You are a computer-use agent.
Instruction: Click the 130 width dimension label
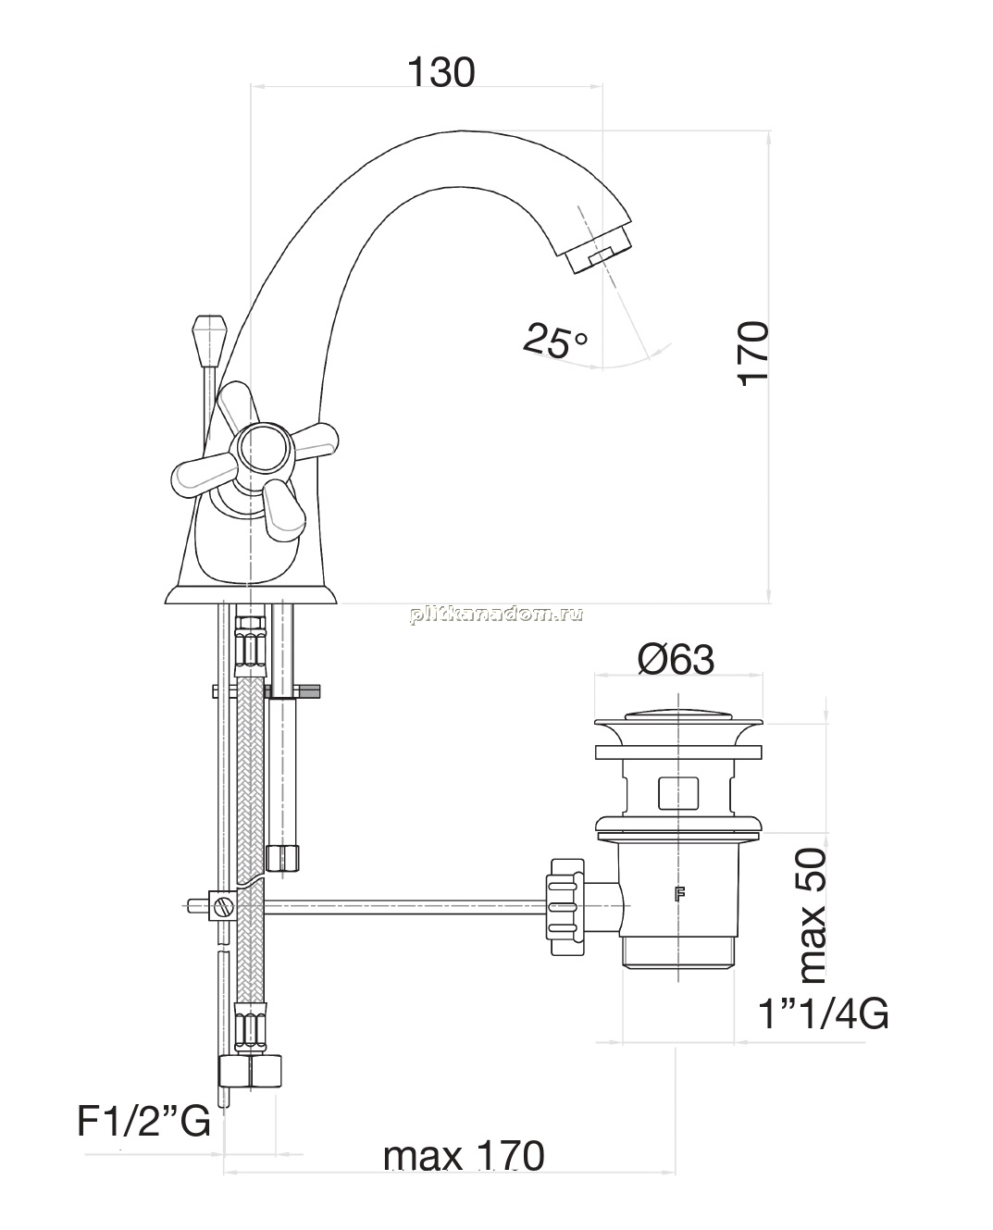[x=441, y=73]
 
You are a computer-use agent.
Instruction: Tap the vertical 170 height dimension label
[x=753, y=354]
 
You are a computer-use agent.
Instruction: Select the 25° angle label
[x=555, y=342]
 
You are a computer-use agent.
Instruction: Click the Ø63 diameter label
[x=676, y=659]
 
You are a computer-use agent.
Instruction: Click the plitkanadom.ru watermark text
[x=496, y=615]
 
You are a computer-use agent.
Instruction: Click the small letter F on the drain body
[x=679, y=894]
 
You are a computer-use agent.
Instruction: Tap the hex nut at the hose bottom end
[x=250, y=1073]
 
